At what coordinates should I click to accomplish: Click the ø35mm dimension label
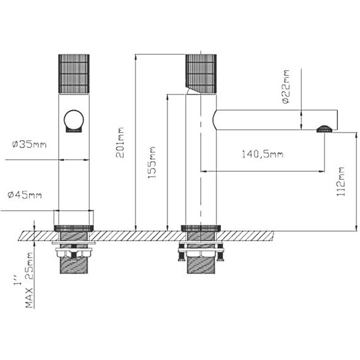(x=29, y=145)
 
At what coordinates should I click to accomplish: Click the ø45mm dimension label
(x=25, y=195)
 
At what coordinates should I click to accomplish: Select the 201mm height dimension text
(x=120, y=143)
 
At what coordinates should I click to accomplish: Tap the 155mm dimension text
(x=152, y=162)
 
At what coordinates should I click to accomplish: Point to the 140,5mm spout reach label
(x=263, y=154)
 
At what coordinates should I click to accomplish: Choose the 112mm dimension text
(x=340, y=181)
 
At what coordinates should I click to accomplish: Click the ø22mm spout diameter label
(x=286, y=87)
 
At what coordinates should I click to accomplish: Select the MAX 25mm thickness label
(x=29, y=280)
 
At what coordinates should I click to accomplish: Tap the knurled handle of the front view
(x=74, y=74)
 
